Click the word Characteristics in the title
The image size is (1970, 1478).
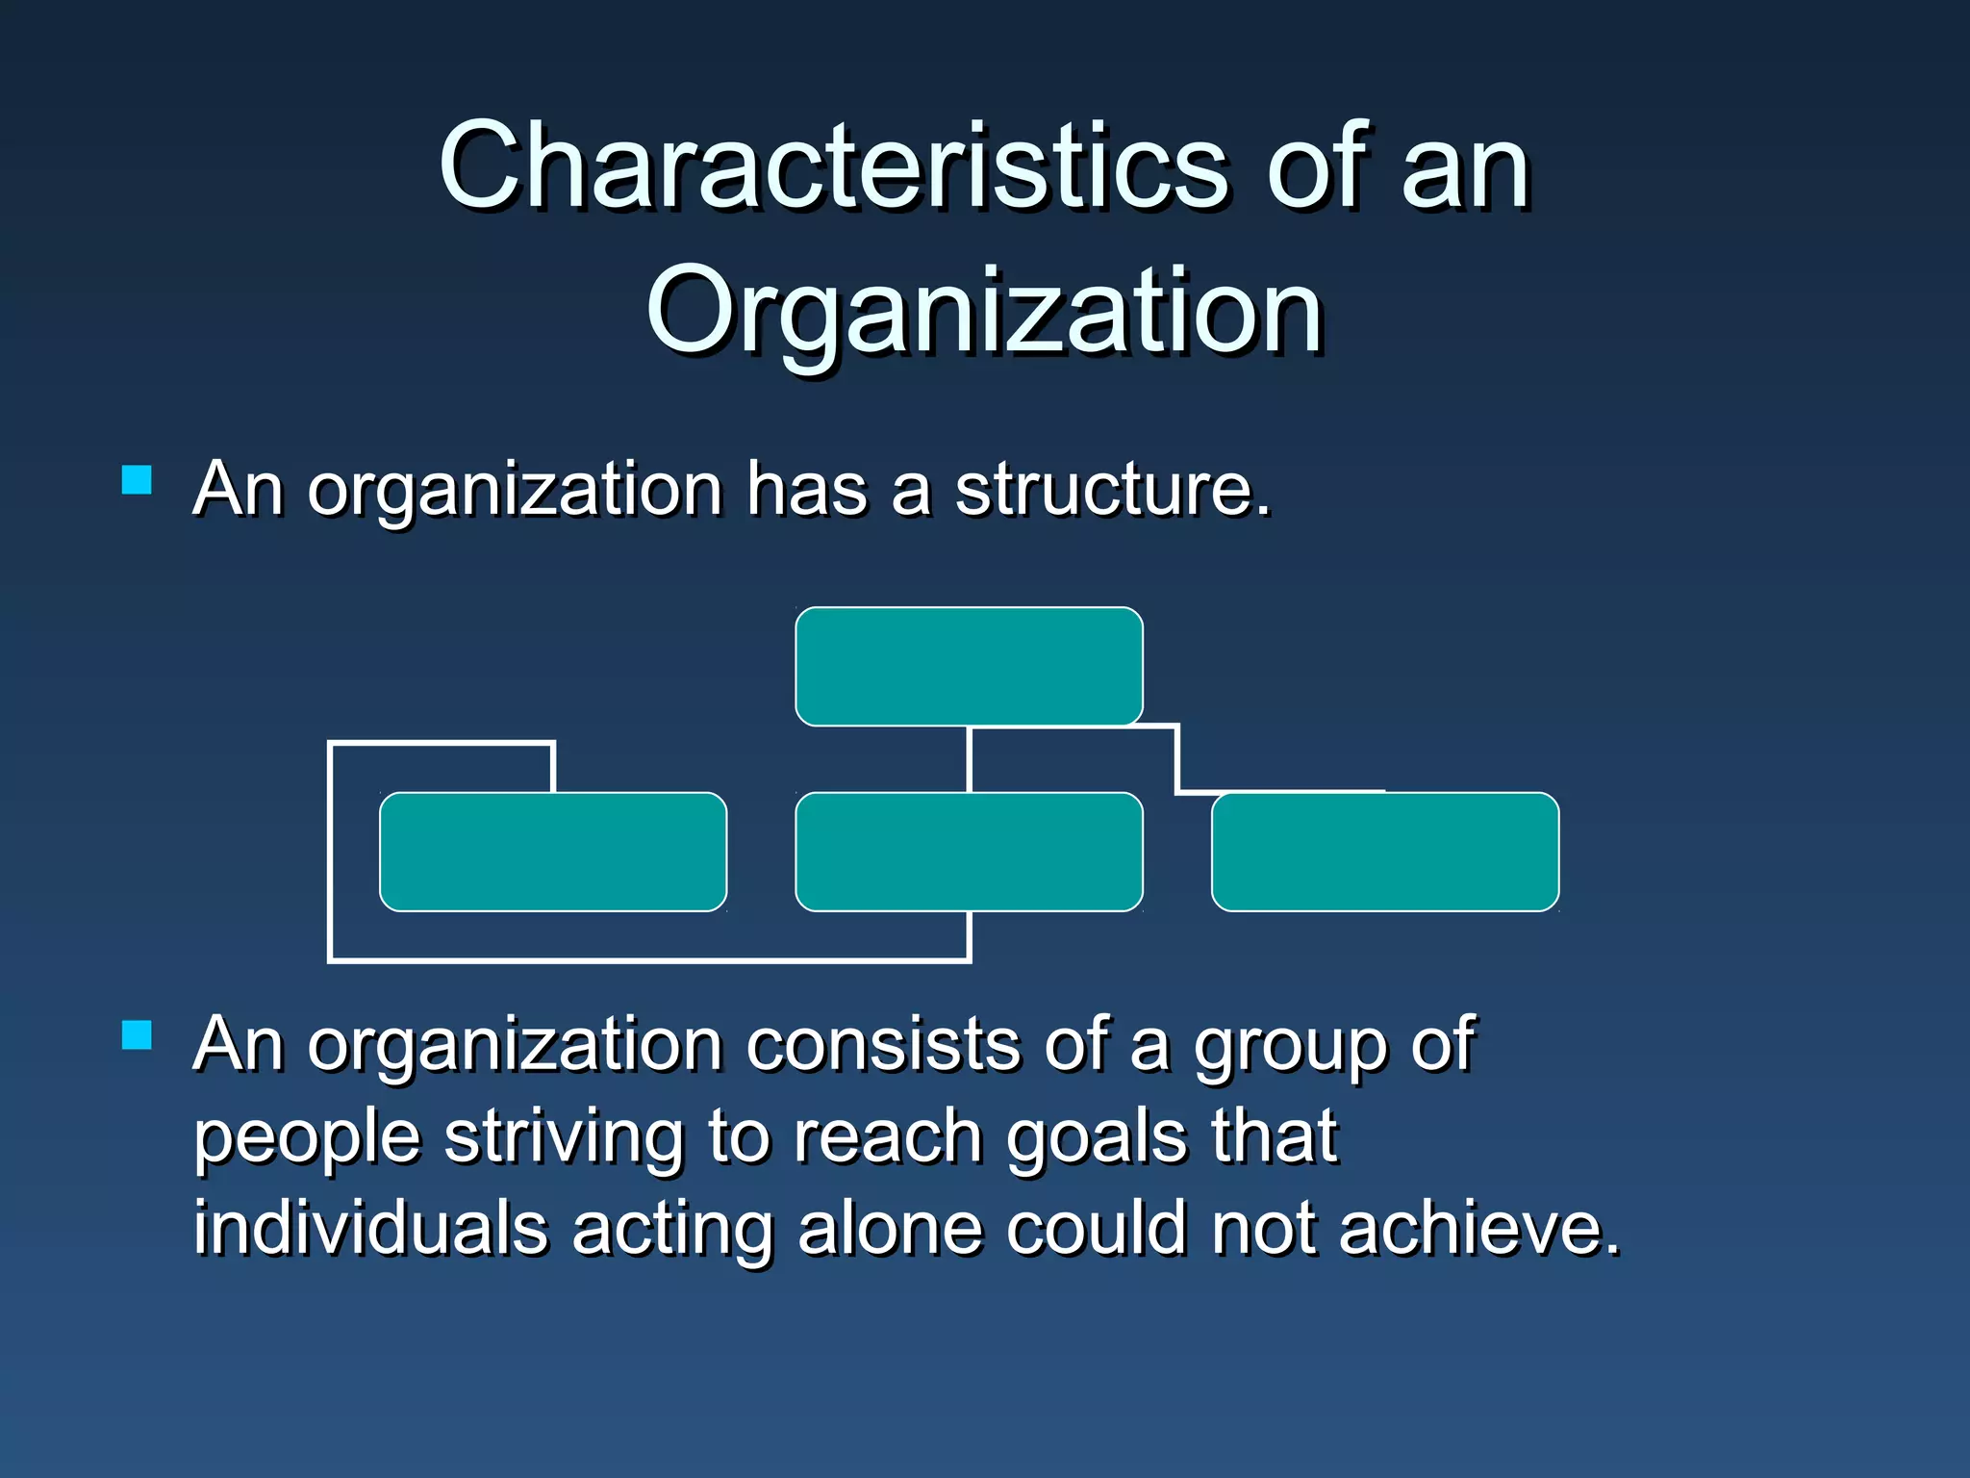833,166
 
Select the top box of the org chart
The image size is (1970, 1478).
969,666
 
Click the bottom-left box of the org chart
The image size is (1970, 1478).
553,852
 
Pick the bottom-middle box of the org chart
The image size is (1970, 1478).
969,852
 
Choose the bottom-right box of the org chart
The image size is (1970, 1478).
1385,852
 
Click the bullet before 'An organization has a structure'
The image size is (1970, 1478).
138,480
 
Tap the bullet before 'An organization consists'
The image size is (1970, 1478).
138,1035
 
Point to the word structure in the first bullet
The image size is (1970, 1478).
1111,490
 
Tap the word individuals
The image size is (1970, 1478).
370,1229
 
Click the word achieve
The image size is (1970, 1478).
1478,1229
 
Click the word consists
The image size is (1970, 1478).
883,1045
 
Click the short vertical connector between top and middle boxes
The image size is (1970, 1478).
969,759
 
